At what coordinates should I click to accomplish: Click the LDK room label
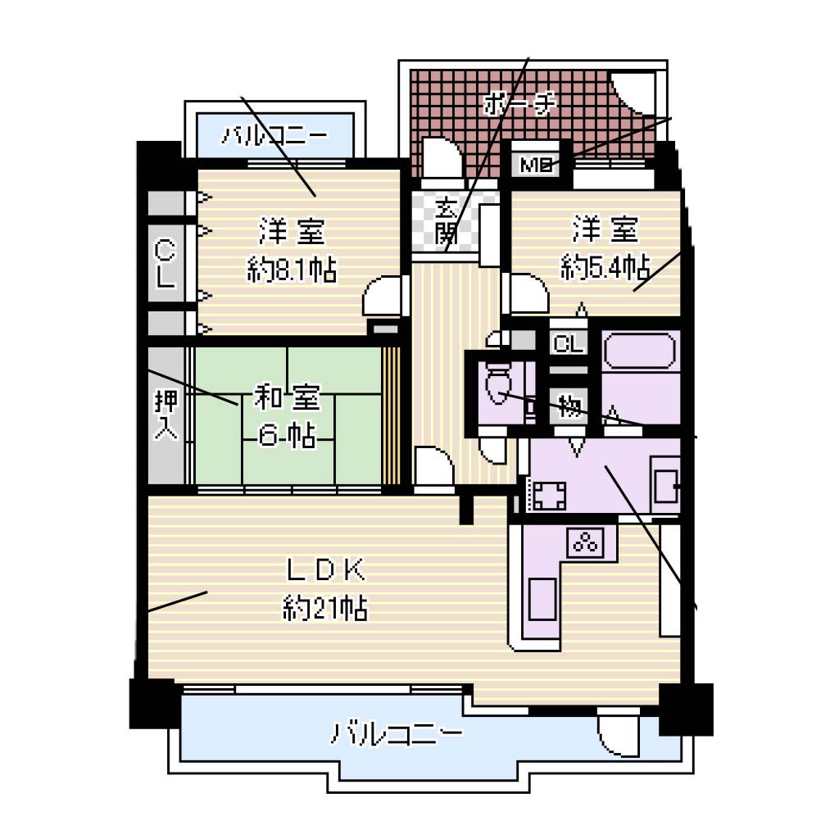[326, 570]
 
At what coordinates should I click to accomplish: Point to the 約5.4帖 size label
[605, 266]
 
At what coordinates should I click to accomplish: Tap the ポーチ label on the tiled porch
[519, 102]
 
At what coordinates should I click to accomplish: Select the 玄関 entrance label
[447, 220]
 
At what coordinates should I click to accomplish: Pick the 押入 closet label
[166, 414]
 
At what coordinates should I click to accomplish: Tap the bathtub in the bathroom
[639, 351]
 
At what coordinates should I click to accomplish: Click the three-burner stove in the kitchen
[586, 543]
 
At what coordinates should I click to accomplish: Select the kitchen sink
[542, 599]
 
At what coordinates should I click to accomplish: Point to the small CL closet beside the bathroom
[569, 343]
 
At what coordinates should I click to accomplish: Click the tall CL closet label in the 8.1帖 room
[166, 264]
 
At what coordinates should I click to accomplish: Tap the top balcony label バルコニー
[274, 135]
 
